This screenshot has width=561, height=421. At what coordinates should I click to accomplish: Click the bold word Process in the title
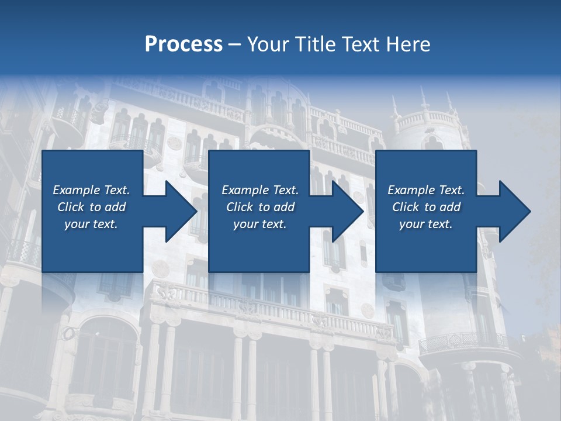[183, 44]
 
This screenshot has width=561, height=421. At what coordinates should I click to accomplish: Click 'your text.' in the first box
[91, 224]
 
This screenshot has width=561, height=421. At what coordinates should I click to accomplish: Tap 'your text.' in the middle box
[260, 224]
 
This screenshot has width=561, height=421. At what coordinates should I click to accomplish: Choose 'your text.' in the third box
[426, 224]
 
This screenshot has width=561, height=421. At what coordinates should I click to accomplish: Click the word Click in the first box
[71, 207]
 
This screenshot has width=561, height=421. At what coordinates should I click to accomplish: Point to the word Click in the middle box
[240, 207]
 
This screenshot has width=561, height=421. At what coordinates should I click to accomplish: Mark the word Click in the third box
[406, 207]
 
